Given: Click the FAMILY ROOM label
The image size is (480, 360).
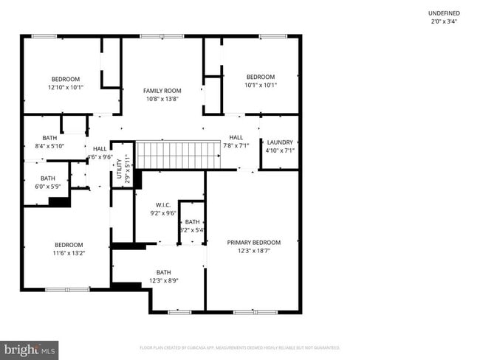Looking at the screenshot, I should coord(162,91).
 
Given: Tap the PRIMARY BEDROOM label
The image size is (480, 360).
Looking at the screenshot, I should coord(253,243).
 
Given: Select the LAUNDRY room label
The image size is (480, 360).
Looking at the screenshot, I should coord(280,142).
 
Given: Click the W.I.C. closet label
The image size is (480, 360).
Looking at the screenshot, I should coord(163,205).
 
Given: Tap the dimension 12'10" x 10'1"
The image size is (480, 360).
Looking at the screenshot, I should coord(66,87).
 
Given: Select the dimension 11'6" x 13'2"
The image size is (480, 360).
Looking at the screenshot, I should coord(69,253).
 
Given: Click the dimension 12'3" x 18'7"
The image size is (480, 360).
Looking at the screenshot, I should coord(253,251).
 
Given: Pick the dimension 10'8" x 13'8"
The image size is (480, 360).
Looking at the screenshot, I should coord(162,99).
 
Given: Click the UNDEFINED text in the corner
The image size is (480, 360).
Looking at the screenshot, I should coord(443,13).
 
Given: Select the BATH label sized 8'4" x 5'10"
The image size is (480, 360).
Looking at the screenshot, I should coord(49,138).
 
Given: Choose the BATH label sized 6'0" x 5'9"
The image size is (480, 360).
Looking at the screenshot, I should coord(48,178).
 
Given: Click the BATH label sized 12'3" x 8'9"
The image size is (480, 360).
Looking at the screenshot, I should coord(163,272).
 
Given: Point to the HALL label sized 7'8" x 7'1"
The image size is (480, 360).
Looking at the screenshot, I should coord(236,137).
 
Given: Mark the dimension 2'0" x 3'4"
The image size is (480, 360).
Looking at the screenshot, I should coord(443,21).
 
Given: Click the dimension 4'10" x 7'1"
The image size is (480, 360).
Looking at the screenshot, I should coord(280,150).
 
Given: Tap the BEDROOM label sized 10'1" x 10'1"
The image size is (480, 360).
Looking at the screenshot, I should coord(261,77).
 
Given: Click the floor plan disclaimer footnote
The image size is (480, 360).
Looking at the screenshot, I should coord(240,347).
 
